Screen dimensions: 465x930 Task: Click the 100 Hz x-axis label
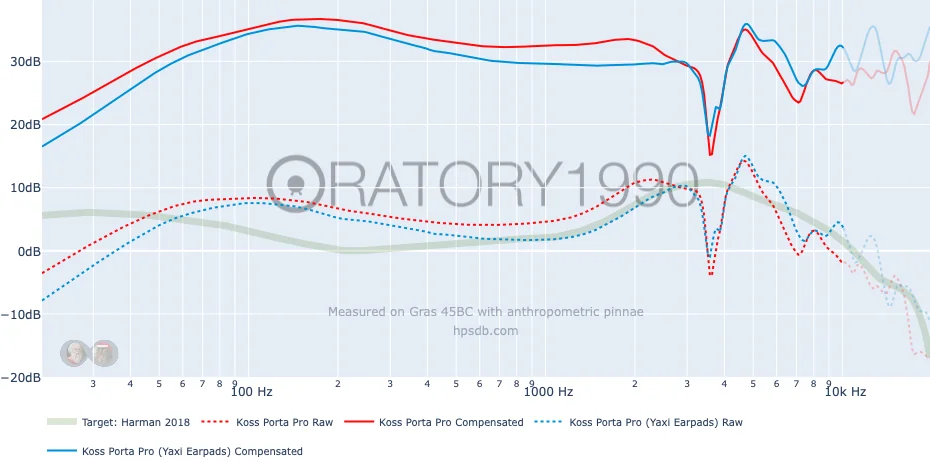pos(251,391)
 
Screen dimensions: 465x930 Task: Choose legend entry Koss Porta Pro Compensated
pos(451,422)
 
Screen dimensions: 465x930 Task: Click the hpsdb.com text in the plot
pos(485,330)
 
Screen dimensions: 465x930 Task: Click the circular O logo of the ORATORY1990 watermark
pos(296,183)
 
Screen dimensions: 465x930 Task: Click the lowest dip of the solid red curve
pos(711,154)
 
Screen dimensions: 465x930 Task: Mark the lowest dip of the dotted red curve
pos(711,273)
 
